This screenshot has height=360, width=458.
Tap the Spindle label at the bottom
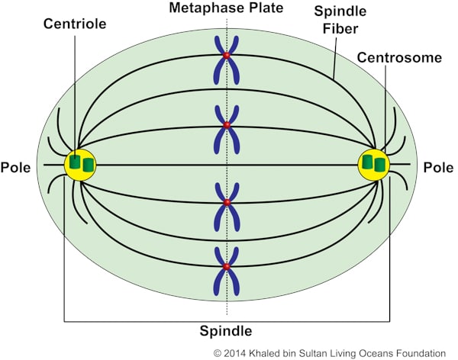point(226,331)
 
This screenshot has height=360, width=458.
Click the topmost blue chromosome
point(227,57)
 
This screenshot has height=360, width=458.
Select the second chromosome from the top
point(227,125)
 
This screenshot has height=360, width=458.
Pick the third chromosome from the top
point(227,203)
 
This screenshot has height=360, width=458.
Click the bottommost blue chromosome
point(227,267)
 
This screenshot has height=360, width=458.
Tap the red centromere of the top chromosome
point(227,56)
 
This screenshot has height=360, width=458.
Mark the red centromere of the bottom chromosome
point(227,267)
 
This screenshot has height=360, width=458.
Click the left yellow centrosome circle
point(79,165)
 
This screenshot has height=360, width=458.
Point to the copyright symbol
point(218,353)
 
